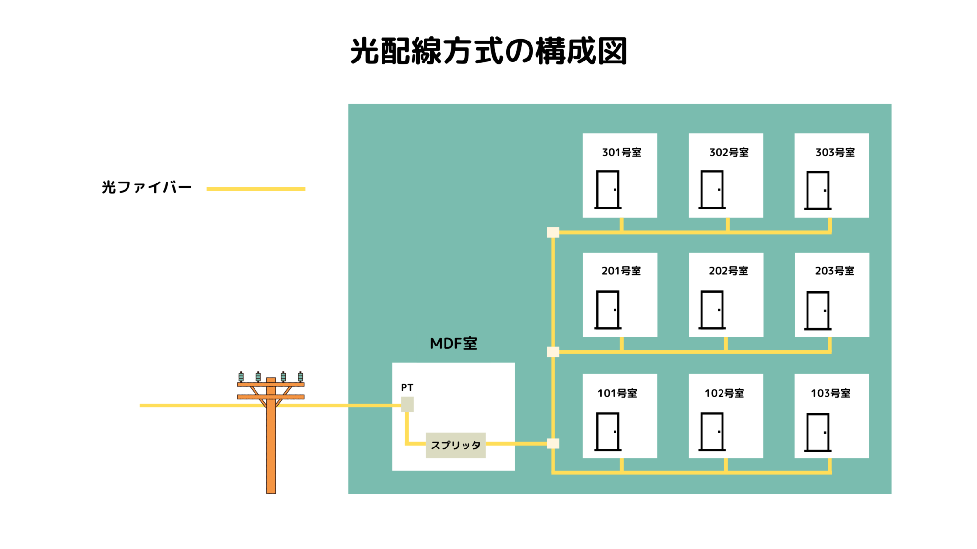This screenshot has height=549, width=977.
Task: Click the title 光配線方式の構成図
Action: pyautogui.click(x=488, y=51)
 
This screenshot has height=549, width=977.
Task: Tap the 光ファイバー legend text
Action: pyautogui.click(x=147, y=187)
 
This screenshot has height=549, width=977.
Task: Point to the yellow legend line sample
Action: pyautogui.click(x=255, y=189)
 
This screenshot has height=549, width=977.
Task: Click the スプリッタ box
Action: pyautogui.click(x=455, y=445)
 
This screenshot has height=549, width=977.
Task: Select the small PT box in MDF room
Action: pyautogui.click(x=407, y=404)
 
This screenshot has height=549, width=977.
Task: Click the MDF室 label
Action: pyautogui.click(x=453, y=344)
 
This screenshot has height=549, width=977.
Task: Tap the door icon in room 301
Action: pyautogui.click(x=608, y=189)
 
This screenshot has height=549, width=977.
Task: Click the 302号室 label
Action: pyautogui.click(x=729, y=152)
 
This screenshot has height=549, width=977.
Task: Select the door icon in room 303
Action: pyautogui.click(x=818, y=190)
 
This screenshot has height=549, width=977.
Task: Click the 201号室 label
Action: pyautogui.click(x=621, y=271)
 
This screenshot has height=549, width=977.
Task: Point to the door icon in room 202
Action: pyautogui.click(x=712, y=310)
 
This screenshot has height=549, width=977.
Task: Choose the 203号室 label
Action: pyautogui.click(x=834, y=271)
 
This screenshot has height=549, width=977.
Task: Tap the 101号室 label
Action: pyautogui.click(x=617, y=393)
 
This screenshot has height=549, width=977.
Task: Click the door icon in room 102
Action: pyautogui.click(x=712, y=431)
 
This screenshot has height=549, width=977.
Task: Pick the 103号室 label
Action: pyautogui.click(x=830, y=393)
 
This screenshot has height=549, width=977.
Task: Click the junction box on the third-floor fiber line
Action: pyautogui.click(x=553, y=232)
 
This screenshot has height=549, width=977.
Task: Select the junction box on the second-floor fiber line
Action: pyautogui.click(x=553, y=352)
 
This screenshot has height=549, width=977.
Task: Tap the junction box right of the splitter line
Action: pyautogui.click(x=553, y=444)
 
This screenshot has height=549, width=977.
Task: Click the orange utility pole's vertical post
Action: pyautogui.click(x=271, y=449)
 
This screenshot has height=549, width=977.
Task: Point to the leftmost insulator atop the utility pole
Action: pyautogui.click(x=241, y=377)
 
